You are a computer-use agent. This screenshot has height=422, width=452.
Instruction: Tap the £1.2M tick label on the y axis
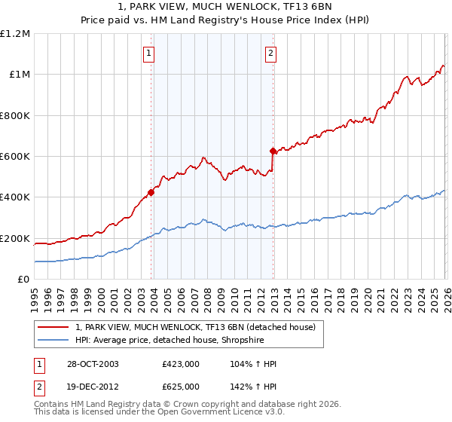click(x=15, y=34)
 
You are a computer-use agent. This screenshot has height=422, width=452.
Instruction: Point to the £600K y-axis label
click(x=15, y=157)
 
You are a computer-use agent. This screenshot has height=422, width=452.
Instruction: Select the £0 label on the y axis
click(x=24, y=280)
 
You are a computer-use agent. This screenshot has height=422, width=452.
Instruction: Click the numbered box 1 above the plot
click(x=149, y=53)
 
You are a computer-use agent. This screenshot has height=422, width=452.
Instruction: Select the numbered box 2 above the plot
click(x=270, y=53)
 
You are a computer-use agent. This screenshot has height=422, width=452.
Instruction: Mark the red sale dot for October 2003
click(x=151, y=192)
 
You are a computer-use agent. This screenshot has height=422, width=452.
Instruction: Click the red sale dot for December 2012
click(x=273, y=151)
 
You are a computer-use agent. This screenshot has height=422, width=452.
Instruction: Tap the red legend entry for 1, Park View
click(x=200, y=327)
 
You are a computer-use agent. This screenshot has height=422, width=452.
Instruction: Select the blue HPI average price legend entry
click(x=179, y=340)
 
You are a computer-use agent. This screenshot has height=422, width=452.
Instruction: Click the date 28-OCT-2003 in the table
click(x=92, y=364)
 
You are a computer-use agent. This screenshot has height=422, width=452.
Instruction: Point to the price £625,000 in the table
click(x=180, y=387)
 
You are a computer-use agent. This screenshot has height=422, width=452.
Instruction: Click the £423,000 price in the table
click(x=180, y=364)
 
